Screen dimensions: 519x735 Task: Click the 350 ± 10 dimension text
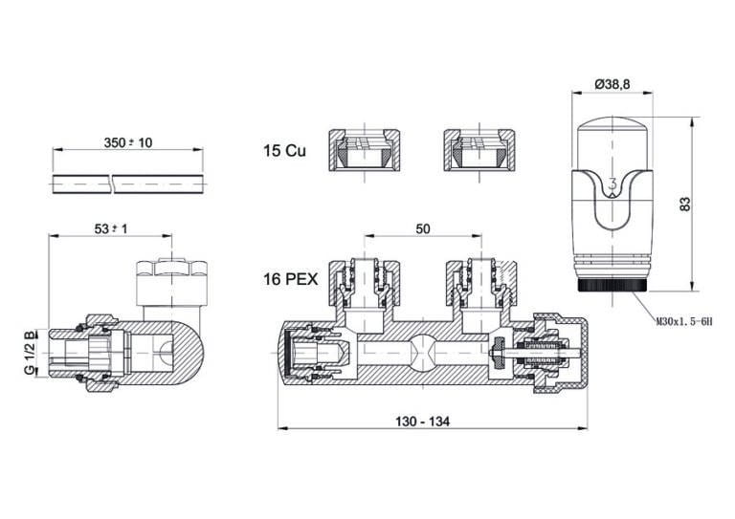point(127,141)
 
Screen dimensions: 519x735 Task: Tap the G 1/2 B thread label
point(31,354)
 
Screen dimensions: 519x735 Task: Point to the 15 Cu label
point(284,151)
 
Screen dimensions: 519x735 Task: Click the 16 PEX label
point(291,280)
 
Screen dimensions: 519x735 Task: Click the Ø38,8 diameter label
point(612,85)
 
